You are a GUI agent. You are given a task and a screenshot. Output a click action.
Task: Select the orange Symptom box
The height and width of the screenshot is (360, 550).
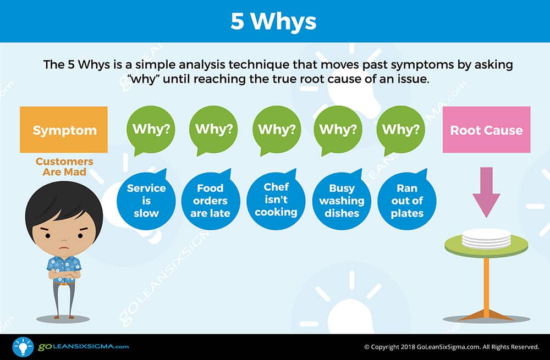64,130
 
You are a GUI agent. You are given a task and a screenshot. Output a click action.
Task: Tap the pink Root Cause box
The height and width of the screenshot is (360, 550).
486,130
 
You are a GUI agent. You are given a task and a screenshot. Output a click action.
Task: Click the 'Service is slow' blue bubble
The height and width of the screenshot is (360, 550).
146,200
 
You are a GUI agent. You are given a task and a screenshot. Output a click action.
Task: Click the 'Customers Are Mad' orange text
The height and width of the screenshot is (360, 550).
64,166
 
